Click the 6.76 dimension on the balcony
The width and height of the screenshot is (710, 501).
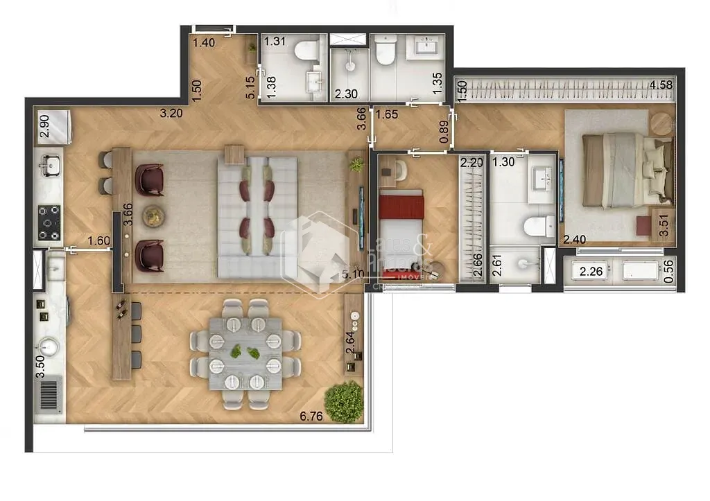coord(311,416)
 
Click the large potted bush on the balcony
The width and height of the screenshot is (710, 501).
coord(344,401)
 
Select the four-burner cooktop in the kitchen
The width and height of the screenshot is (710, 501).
coord(49,222)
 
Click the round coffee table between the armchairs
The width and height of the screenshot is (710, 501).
coord(152,216)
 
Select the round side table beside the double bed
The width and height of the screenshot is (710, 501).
coord(661,123)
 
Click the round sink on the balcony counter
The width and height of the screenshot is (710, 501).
coord(49,345)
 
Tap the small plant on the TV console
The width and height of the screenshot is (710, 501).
coord(356,165)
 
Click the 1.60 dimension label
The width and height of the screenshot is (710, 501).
coord(99,240)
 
